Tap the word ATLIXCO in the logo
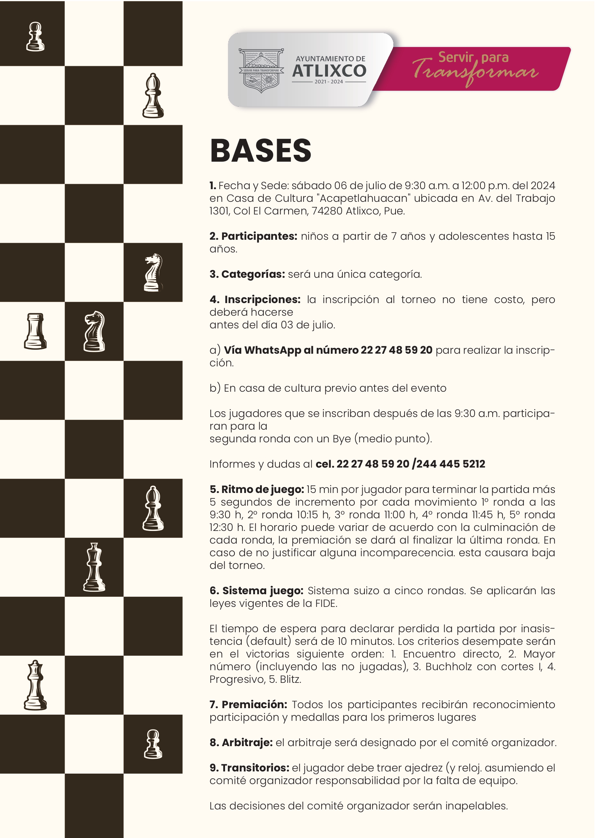click(329, 71)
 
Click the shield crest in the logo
click(261, 70)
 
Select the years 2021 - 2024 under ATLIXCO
click(328, 82)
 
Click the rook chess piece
click(35, 331)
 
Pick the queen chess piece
click(35, 685)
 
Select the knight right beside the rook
click(94, 331)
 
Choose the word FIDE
click(325, 603)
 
